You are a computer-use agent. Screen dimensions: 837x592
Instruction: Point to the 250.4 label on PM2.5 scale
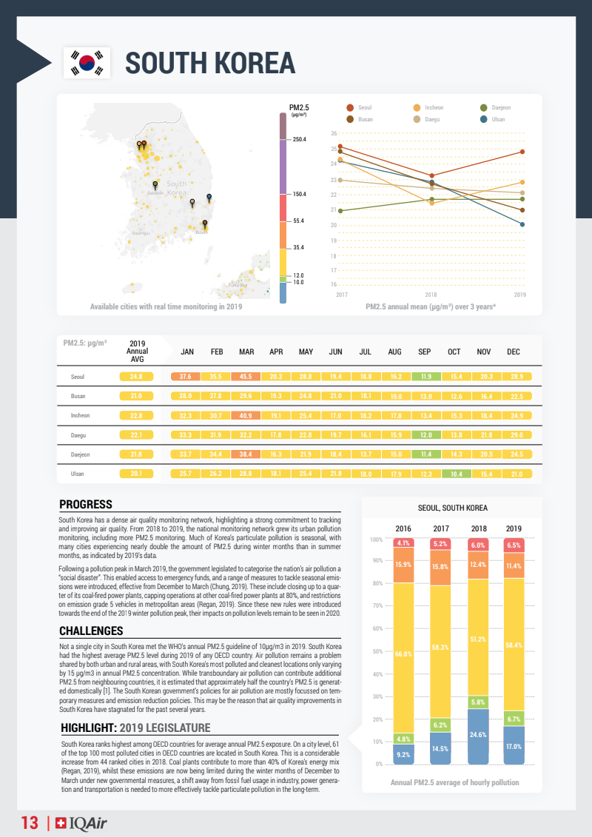tap(299, 139)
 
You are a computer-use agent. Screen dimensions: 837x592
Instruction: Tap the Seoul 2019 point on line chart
tap(522, 152)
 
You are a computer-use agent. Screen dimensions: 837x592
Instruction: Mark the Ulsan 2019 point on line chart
tap(522, 224)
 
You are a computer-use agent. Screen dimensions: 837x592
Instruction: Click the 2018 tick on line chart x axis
tap(431, 295)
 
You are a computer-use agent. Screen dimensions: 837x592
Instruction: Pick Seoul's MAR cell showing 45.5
tap(246, 377)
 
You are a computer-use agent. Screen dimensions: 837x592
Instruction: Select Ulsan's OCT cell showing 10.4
tap(454, 473)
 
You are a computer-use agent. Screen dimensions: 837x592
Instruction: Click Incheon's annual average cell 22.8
tap(136, 415)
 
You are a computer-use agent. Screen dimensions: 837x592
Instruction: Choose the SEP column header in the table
tap(425, 352)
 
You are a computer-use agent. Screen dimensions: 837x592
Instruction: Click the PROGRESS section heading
tap(86, 505)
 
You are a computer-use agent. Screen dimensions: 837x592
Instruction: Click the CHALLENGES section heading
tap(91, 631)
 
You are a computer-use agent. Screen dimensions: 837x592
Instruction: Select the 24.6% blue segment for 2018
tap(478, 736)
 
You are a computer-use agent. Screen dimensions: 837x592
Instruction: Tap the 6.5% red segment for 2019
tap(513, 545)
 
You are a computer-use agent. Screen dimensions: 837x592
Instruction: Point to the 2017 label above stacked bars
tap(441, 528)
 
